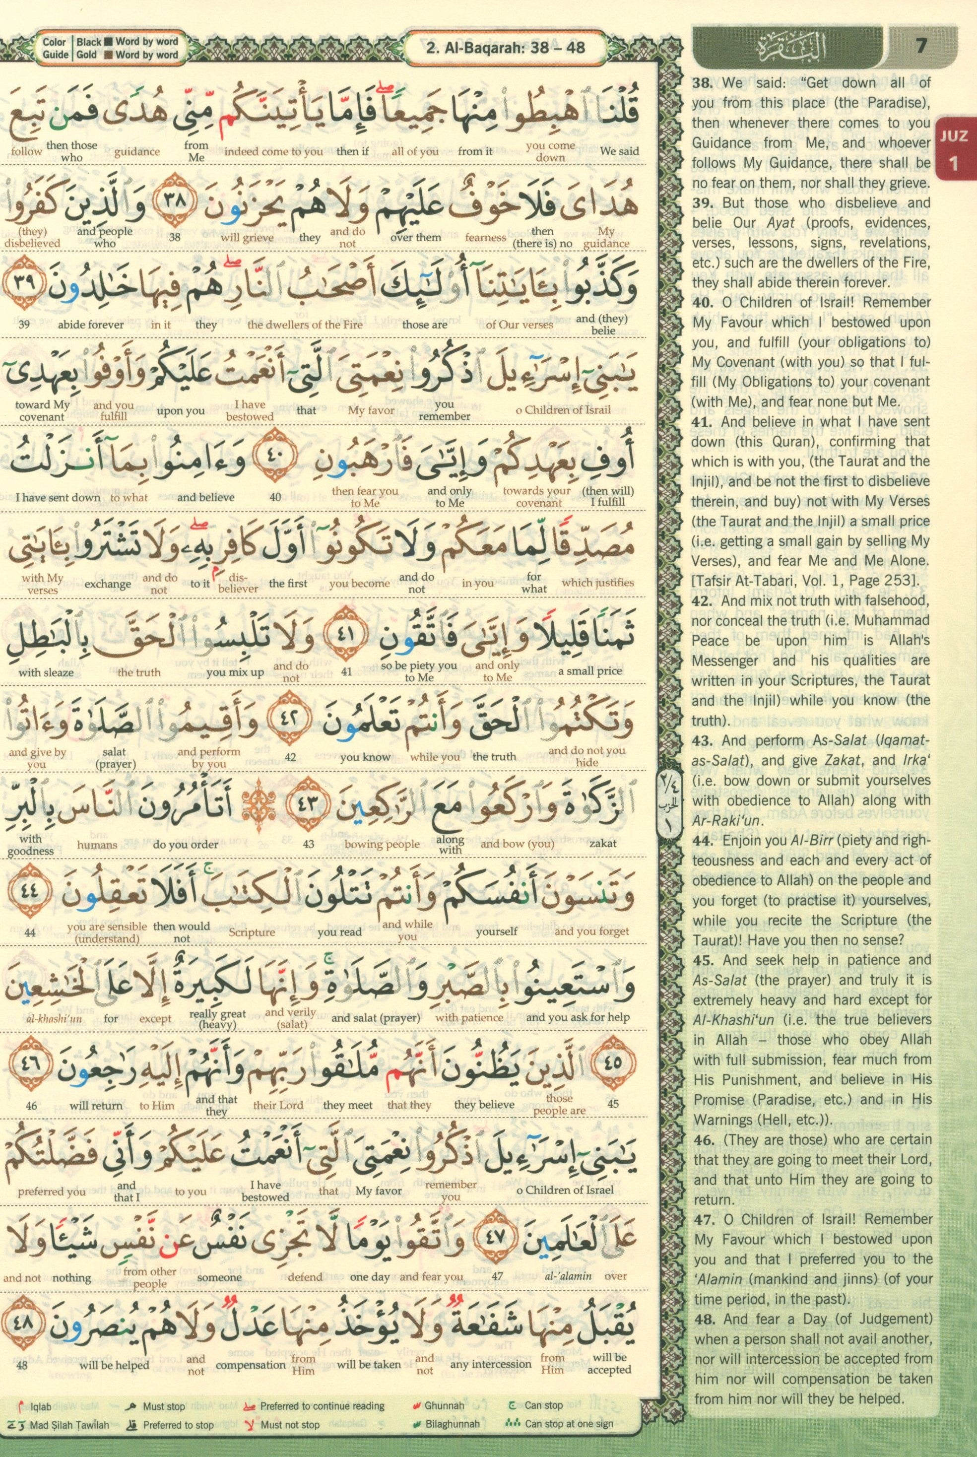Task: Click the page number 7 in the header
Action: point(921,46)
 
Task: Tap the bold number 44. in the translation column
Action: point(704,841)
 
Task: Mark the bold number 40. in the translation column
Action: point(704,302)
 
